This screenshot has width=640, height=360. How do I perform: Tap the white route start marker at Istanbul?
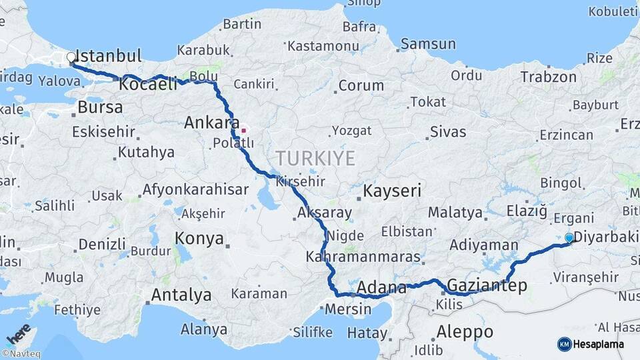[x=71, y=57]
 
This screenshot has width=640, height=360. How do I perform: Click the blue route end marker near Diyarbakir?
[x=569, y=237]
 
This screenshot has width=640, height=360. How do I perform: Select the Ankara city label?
[x=211, y=123]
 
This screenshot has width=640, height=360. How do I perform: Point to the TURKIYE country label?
[x=315, y=158]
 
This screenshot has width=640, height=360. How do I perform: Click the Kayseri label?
[x=392, y=191]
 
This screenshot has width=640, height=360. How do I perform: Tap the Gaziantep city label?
[x=487, y=286]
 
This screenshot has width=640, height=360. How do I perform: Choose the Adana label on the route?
[x=382, y=288]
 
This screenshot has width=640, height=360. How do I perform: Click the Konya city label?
[x=199, y=238]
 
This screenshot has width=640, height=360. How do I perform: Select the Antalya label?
[x=181, y=295]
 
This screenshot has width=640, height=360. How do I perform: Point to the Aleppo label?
[x=465, y=331]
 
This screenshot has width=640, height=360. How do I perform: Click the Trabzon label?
[x=548, y=77]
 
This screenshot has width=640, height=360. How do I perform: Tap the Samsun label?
[x=428, y=44]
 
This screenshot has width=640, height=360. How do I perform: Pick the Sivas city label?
[x=448, y=131]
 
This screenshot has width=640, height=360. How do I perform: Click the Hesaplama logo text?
[x=599, y=344]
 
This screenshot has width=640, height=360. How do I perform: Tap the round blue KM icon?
[x=564, y=344]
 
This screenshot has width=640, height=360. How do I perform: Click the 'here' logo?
[x=19, y=333]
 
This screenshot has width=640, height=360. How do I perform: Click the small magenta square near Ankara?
[x=244, y=131]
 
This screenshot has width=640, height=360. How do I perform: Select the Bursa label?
[x=100, y=107]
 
